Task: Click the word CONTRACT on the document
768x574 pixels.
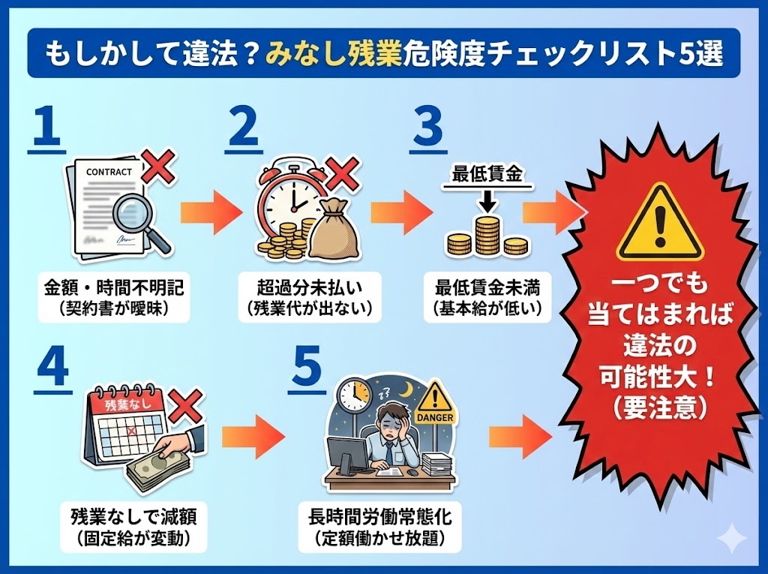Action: [109, 172]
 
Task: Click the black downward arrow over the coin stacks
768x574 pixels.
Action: [487, 200]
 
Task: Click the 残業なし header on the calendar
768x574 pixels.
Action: [123, 404]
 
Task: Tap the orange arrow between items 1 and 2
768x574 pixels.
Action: [211, 213]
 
